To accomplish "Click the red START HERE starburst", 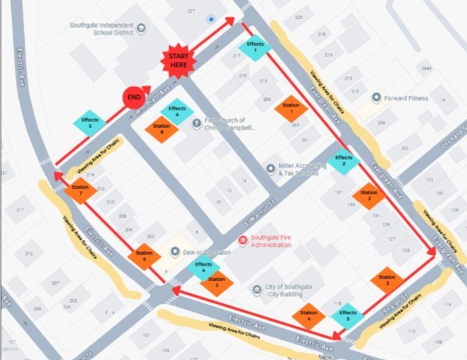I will [x=178, y=61].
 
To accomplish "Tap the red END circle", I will [x=134, y=97].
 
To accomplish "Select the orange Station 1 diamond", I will [x=291, y=109].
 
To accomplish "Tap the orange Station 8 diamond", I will [x=161, y=129].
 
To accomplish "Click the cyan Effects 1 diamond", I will [x=255, y=47].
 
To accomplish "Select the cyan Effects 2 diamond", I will [x=344, y=161].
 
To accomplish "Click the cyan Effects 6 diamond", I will [x=177, y=111].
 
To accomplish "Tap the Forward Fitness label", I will [x=406, y=98].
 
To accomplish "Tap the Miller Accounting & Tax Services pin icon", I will [x=270, y=169].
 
